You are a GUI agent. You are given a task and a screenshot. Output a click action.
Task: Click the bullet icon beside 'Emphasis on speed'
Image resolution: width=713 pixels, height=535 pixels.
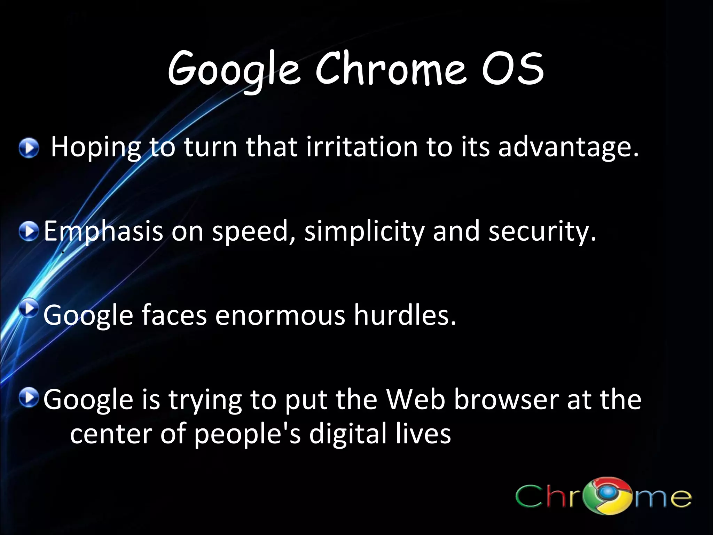pos(29,231)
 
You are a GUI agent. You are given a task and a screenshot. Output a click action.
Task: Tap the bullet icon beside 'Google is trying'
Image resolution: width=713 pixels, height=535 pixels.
pos(29,398)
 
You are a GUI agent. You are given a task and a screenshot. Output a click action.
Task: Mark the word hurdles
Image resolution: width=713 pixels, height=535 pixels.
pos(405,315)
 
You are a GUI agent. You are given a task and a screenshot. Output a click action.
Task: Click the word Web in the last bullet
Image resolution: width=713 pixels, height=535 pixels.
pos(416,399)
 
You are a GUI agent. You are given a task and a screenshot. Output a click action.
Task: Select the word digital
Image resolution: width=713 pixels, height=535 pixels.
pos(348,434)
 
